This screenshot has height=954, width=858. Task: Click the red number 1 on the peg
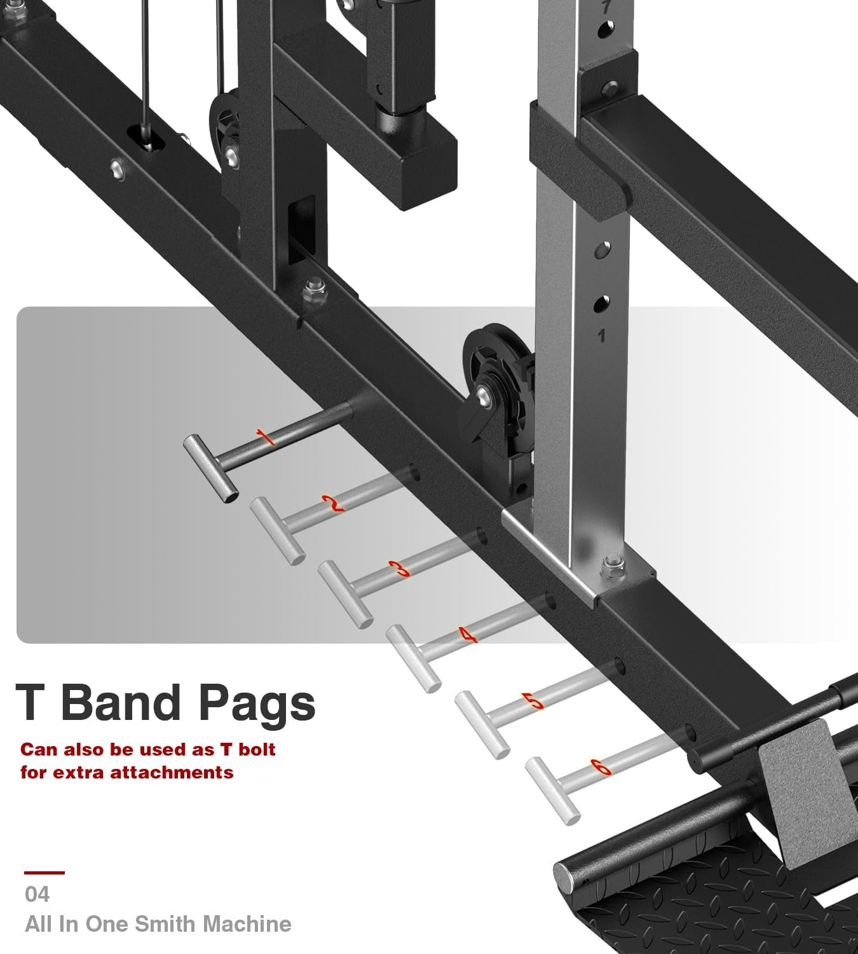[x=265, y=437]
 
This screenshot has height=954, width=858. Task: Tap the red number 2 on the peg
[x=333, y=504]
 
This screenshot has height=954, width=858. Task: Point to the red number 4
[x=468, y=635]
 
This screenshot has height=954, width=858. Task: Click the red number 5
[x=533, y=701]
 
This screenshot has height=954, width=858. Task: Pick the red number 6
[x=601, y=766]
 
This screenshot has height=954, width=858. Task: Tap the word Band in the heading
[x=121, y=701]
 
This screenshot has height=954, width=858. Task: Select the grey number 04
[x=37, y=894]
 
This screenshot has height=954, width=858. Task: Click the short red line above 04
[x=44, y=873]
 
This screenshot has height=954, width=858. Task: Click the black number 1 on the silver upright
[x=601, y=336]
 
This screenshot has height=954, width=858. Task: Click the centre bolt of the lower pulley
[x=484, y=396]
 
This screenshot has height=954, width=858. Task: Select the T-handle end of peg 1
[x=210, y=469]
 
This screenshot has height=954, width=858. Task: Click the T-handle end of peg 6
[x=553, y=791]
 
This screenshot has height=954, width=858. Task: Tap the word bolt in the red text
[x=257, y=749]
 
